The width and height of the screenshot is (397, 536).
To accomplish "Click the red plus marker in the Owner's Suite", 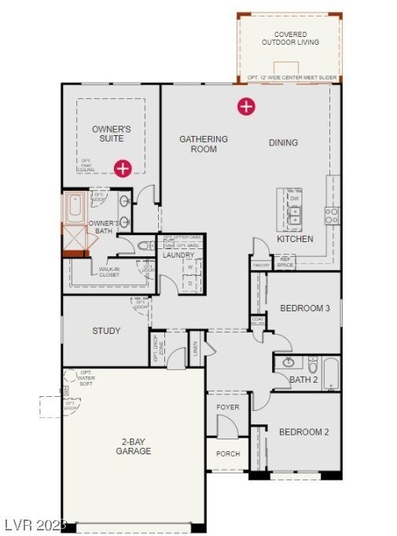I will click(x=123, y=167).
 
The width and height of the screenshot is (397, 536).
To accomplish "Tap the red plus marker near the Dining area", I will click(x=246, y=106).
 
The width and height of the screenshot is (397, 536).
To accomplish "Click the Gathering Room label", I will click(x=203, y=144).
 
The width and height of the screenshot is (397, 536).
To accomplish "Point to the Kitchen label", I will click(x=295, y=238).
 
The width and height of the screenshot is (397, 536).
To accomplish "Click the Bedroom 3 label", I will click(x=304, y=308).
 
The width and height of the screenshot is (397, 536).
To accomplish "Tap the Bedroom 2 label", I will click(x=304, y=431).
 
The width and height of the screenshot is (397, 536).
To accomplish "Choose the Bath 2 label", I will click(x=303, y=380).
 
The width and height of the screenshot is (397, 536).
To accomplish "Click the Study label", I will click(x=106, y=331).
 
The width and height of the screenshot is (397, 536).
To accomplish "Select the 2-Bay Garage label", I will click(x=133, y=446).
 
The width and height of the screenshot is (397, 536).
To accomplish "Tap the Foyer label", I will click(x=228, y=407).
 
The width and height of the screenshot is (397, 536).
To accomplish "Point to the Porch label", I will click(x=228, y=453).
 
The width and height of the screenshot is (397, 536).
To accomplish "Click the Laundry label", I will click(x=178, y=255).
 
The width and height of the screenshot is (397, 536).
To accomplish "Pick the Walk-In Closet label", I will click(x=108, y=272).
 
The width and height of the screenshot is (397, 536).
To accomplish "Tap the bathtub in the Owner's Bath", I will click(x=75, y=207).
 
